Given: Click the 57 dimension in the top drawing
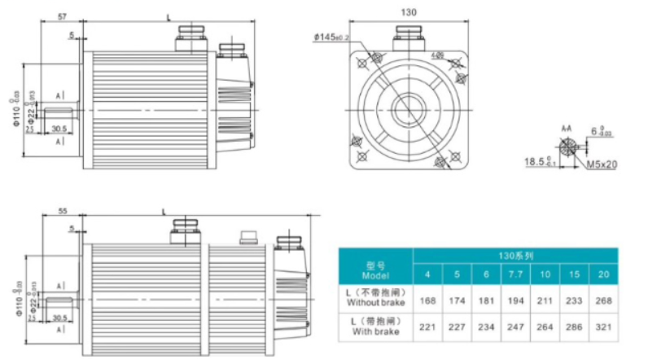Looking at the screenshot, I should [x=62, y=16].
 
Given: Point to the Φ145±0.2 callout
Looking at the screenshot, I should [x=331, y=37].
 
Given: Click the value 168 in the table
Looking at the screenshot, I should [x=428, y=301].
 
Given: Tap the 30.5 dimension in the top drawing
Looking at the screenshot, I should [x=59, y=128].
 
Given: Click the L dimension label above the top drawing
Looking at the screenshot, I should [x=168, y=16].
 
